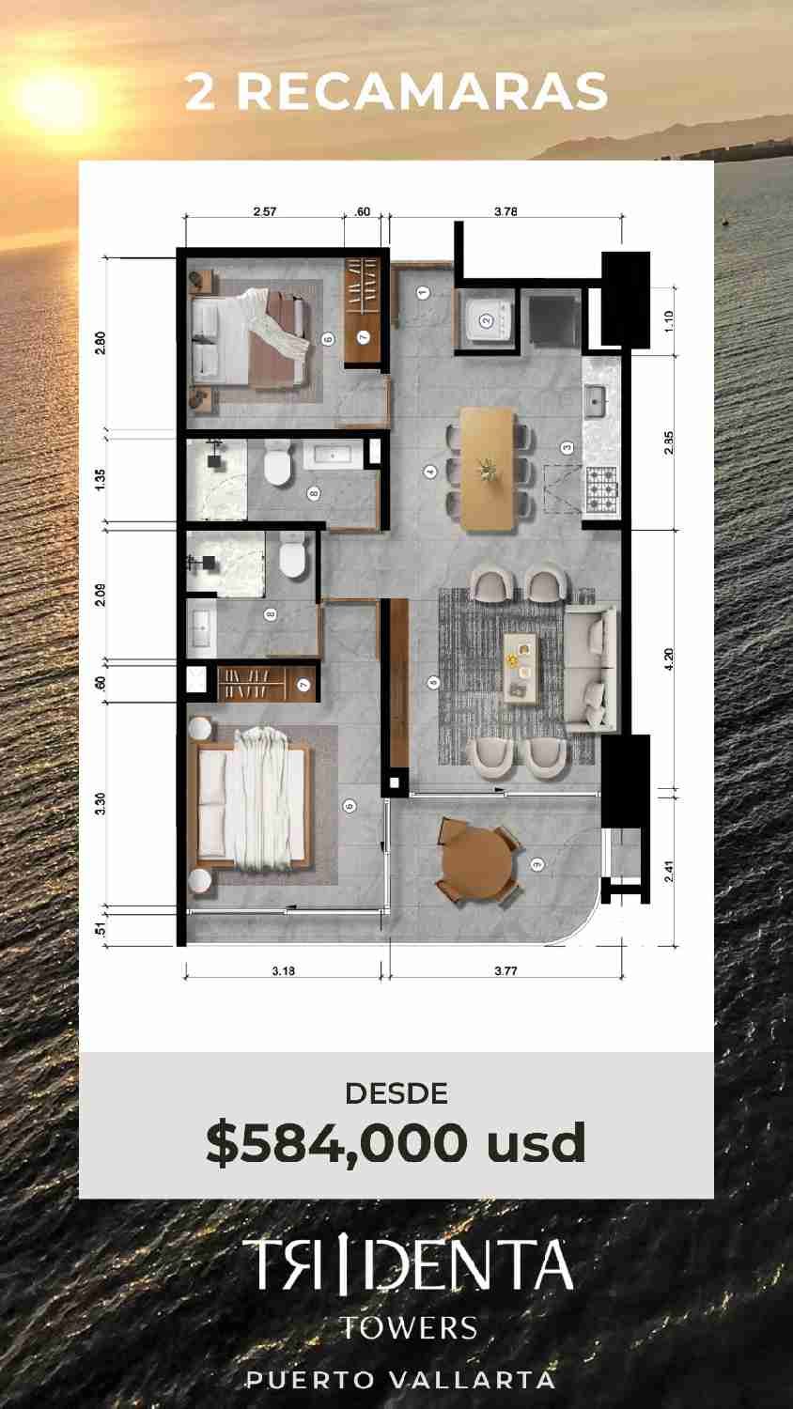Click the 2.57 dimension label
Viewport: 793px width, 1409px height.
264,211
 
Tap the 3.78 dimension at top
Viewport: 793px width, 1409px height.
505,211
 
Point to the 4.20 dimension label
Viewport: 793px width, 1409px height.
668,659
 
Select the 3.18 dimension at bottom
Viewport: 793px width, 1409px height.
283,970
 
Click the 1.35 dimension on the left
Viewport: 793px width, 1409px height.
101,480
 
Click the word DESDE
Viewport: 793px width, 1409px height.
396,1094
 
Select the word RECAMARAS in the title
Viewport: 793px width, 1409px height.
422,91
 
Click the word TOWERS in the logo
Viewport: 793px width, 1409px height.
409,1328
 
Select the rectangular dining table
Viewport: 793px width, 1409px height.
488,470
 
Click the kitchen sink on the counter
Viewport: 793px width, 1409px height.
595,402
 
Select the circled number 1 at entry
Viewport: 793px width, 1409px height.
423,292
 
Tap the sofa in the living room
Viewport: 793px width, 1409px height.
590,668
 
